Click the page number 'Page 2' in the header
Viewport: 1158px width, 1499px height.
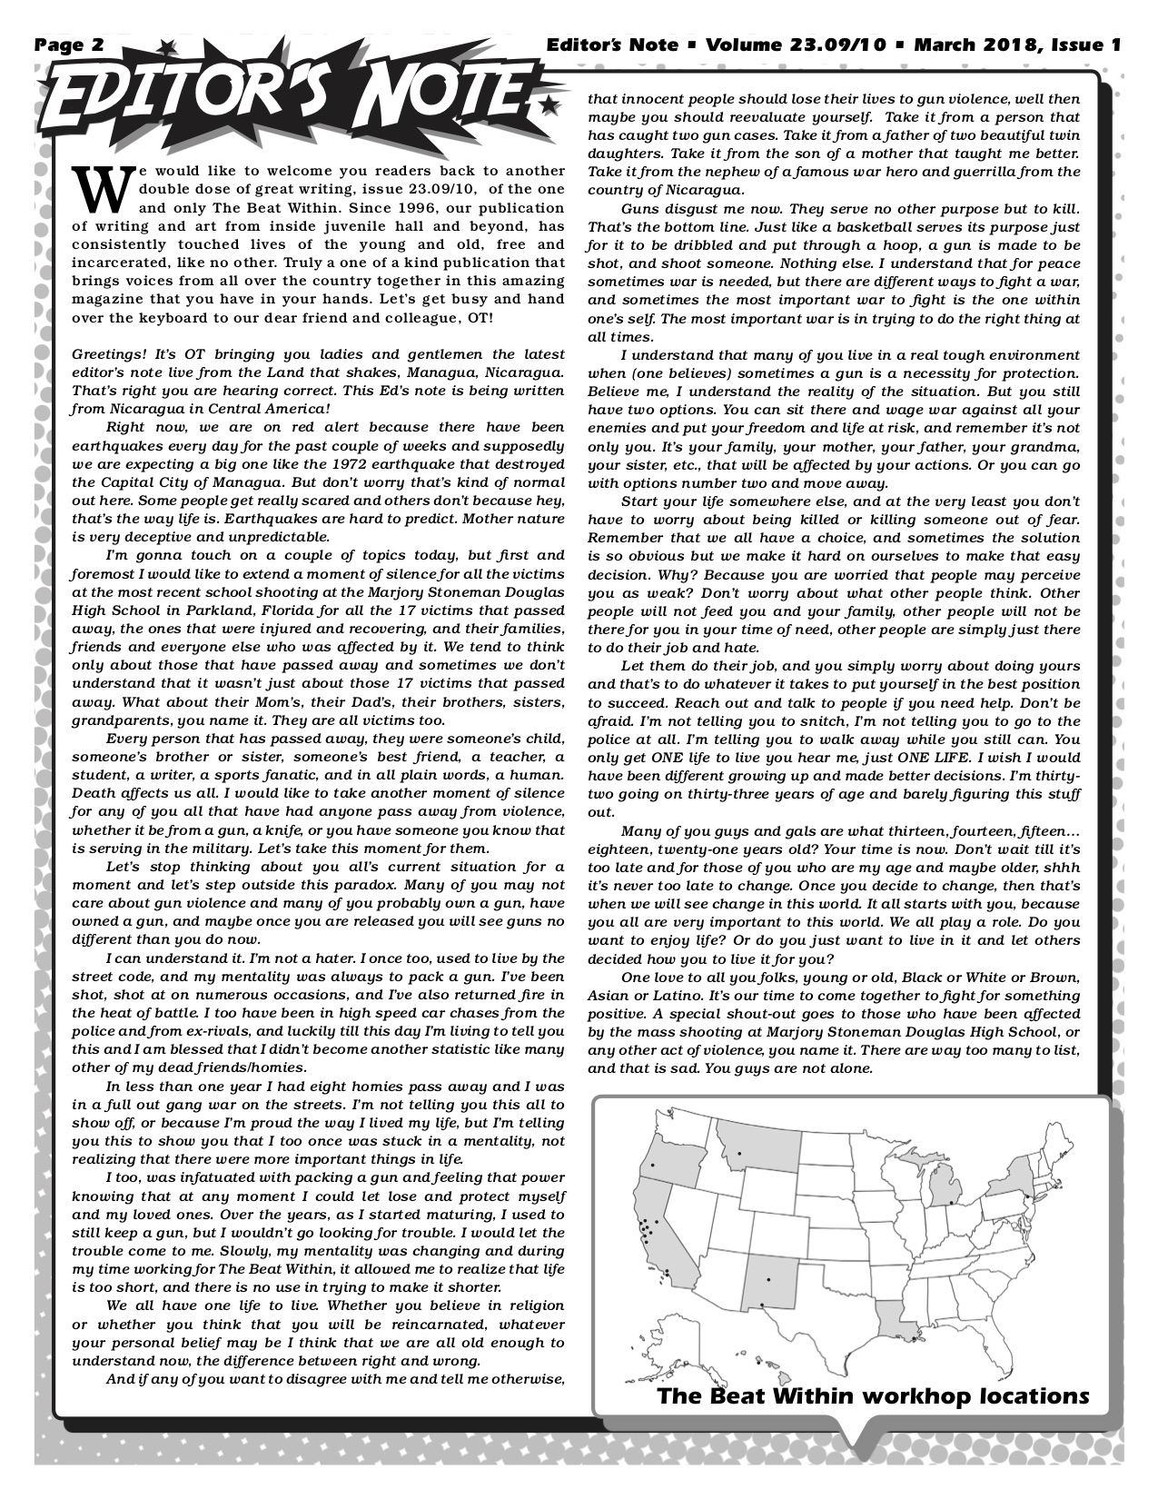click(x=70, y=45)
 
